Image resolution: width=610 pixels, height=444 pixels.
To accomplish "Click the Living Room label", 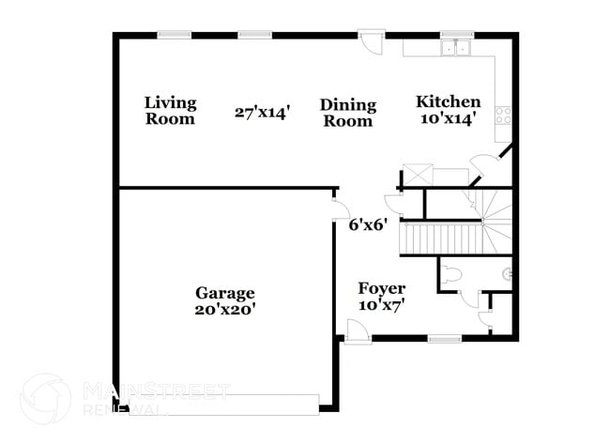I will [170, 111].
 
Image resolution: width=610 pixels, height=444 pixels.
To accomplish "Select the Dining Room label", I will [347, 113].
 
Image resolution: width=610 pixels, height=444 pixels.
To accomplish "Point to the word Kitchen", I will [449, 101].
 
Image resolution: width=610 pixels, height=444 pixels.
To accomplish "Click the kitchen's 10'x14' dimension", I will [449, 118].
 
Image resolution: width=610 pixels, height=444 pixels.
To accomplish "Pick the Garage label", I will [224, 293].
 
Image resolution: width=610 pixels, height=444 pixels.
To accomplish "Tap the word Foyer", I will [382, 288].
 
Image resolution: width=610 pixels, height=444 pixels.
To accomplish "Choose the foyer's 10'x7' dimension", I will [382, 305].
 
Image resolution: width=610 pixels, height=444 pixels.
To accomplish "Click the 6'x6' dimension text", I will [368, 225].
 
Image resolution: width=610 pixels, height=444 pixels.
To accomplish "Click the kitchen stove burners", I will [503, 117].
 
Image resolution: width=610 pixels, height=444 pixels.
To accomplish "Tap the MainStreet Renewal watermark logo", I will [44, 398].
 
